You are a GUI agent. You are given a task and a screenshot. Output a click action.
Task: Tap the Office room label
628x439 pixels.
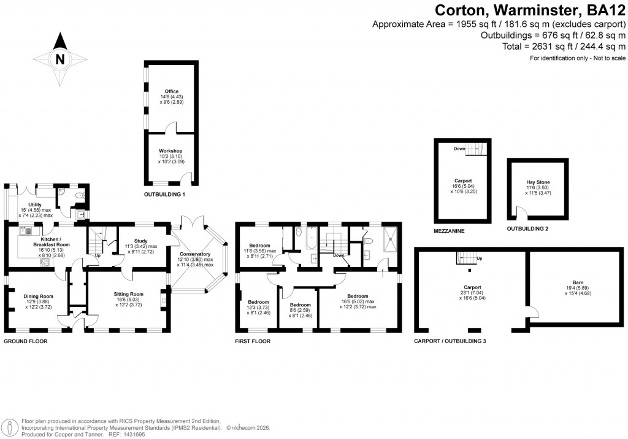click(x=172, y=91)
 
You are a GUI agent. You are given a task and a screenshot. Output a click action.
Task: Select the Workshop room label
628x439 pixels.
click(x=171, y=151)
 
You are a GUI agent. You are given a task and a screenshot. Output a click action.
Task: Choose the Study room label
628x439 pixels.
click(x=140, y=241)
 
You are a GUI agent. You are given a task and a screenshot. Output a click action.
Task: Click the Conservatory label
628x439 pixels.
click(x=195, y=254)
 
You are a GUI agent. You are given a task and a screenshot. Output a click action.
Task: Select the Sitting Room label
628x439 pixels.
click(x=128, y=294)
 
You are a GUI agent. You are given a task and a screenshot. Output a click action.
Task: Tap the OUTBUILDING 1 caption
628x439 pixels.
click(x=164, y=195)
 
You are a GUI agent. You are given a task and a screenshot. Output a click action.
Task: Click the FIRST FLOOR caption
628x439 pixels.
click(x=253, y=341)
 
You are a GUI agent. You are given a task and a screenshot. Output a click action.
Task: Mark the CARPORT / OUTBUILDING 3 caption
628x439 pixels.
click(x=450, y=341)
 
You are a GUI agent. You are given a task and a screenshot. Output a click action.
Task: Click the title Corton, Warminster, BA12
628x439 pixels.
click(x=530, y=10)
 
